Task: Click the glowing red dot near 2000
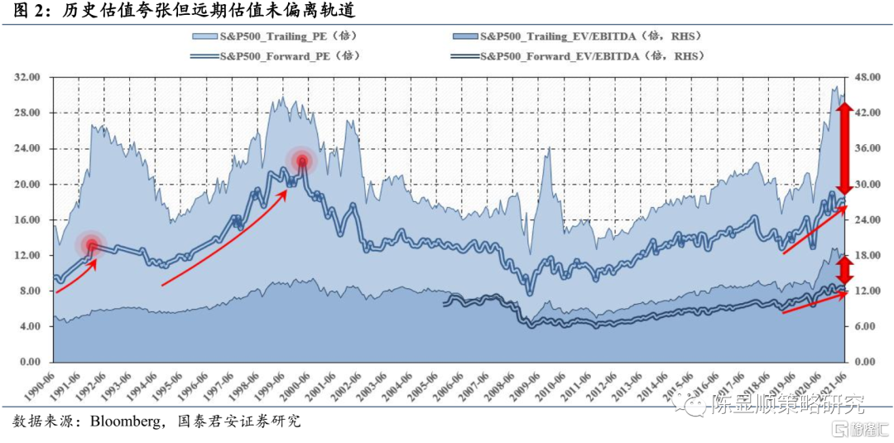pos(302,161)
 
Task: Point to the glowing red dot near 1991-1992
pos(91,244)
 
